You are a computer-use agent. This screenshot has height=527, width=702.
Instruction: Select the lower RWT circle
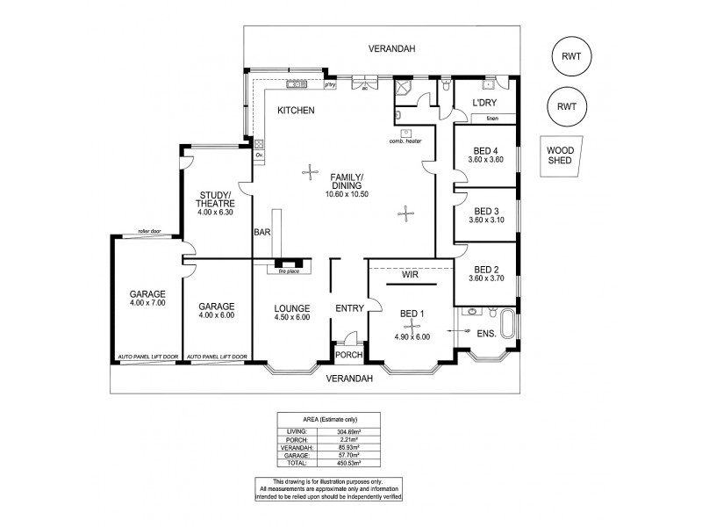(x=566, y=106)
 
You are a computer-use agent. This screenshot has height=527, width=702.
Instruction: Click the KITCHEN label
(x=296, y=111)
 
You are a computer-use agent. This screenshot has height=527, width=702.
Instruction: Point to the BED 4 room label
(x=485, y=149)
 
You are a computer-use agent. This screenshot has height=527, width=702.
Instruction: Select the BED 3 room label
(x=485, y=211)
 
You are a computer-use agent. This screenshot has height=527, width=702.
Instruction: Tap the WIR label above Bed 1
(x=410, y=275)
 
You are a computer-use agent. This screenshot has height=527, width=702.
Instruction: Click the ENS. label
(x=486, y=334)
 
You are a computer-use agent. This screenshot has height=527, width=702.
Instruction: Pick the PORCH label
(x=349, y=356)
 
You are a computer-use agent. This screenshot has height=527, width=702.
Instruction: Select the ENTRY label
(x=349, y=308)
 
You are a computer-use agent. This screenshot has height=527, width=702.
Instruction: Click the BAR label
(x=261, y=233)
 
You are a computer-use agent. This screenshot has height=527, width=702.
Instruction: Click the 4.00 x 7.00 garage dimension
(x=147, y=303)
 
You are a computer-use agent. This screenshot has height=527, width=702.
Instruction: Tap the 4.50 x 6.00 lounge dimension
(x=290, y=318)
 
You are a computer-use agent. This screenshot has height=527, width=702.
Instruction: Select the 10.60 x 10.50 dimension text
(x=346, y=193)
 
